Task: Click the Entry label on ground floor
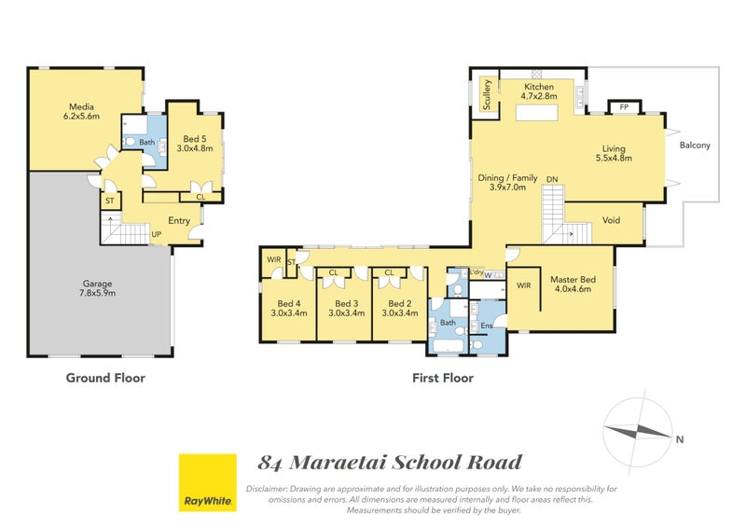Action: click(179, 221)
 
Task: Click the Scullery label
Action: click(486, 94)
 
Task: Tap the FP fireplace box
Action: click(623, 107)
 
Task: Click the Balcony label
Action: click(695, 145)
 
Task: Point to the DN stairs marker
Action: click(552, 179)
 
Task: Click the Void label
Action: click(612, 221)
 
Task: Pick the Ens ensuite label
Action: click(486, 326)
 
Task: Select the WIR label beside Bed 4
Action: click(273, 259)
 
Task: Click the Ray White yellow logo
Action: click(206, 482)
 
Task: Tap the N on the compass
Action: click(680, 439)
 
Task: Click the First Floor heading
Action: click(443, 378)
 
